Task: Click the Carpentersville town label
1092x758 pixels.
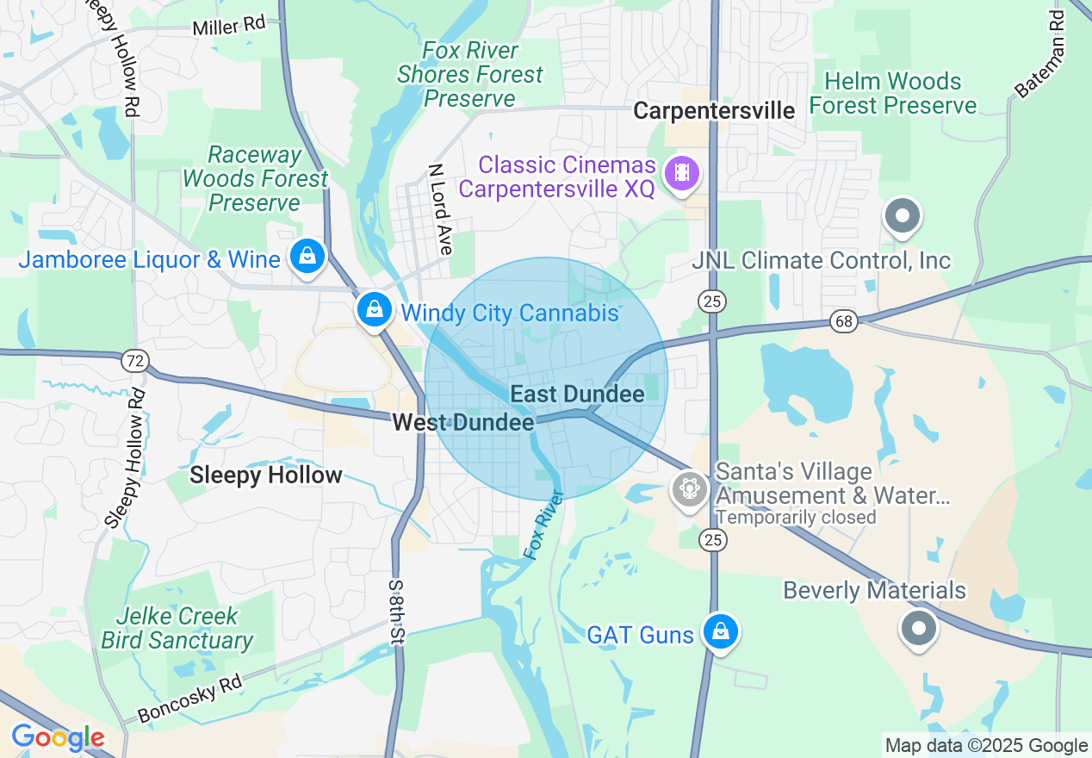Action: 714,111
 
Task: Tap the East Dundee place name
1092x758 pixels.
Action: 577,395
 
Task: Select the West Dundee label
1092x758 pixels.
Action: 462,422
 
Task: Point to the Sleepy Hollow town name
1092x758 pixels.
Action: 266,475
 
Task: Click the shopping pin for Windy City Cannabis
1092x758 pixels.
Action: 374,309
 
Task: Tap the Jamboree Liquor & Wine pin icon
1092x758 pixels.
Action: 307,257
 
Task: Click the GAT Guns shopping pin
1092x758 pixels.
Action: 719,632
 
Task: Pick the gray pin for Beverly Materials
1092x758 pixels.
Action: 918,629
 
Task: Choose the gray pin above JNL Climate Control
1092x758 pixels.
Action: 903,216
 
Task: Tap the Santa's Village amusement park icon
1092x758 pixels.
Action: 689,488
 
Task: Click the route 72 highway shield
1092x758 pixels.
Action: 134,361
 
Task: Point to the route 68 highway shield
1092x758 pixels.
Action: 843,321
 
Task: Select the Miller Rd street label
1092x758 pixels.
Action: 229,26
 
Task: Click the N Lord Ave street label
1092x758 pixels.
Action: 440,209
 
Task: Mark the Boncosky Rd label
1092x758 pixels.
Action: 190,699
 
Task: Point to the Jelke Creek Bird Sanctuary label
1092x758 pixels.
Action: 177,629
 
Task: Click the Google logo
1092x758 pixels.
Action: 57,738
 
